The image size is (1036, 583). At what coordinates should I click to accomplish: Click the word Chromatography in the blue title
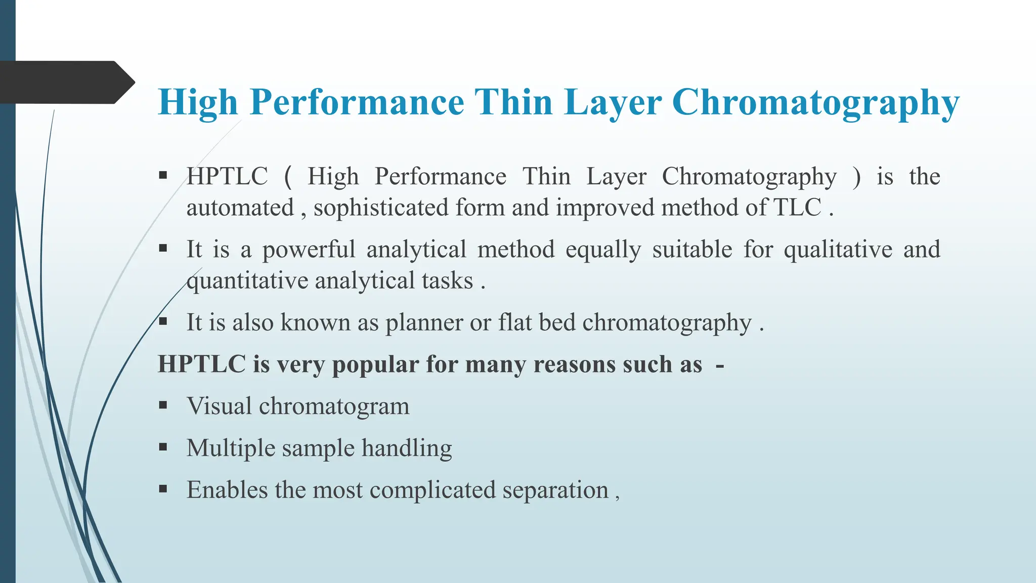pos(815,103)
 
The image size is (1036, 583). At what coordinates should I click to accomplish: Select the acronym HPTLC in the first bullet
pos(227,177)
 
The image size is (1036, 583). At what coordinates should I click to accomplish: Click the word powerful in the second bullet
pos(309,250)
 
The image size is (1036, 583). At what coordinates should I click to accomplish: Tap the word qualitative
pos(838,250)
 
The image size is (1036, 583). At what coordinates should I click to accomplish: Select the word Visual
pos(219,406)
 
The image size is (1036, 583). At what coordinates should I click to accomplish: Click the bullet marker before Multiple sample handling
pos(163,447)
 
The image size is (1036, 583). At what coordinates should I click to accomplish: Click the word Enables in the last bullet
pos(227,490)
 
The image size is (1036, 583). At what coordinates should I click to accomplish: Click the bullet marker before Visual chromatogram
pos(163,405)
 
